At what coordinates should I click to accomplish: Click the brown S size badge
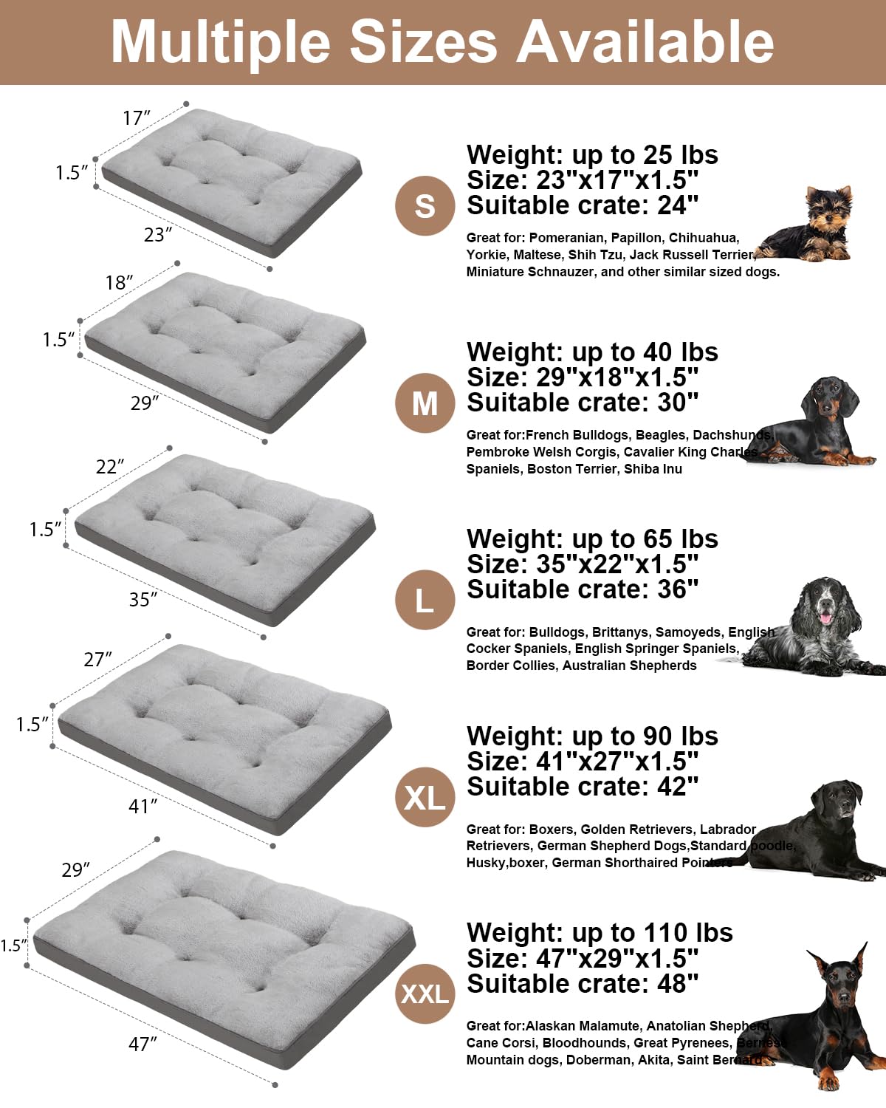point(425,206)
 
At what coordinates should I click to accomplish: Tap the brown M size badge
point(425,403)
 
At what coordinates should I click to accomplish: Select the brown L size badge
point(425,600)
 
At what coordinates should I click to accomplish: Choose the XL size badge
point(425,797)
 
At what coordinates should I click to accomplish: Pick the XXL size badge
point(425,994)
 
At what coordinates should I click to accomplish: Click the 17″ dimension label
point(137,117)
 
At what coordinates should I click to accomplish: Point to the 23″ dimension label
point(158,234)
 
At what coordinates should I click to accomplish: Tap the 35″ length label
point(143,599)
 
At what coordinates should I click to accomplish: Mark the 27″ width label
point(97,658)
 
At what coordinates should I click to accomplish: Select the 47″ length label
point(143,1044)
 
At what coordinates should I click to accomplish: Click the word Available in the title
point(645,42)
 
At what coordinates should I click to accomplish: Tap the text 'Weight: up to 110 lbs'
point(600,933)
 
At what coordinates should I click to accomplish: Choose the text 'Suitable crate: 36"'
point(583,589)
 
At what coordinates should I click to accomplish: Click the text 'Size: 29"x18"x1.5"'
point(583,377)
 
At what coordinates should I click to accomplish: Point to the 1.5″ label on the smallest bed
point(72,172)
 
